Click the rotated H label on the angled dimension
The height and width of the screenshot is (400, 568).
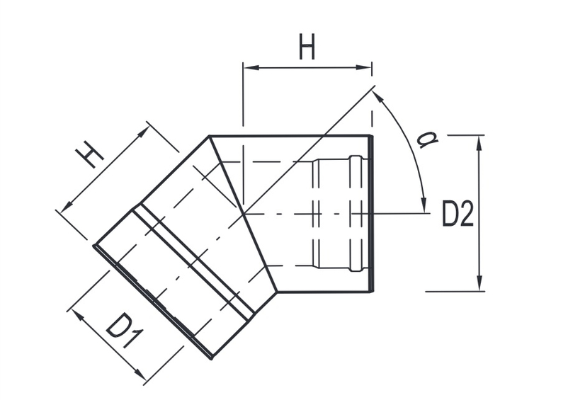click(90, 154)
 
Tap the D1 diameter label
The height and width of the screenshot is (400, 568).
click(121, 331)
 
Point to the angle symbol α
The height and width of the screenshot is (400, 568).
click(426, 139)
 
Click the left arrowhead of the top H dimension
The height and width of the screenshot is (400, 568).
click(249, 68)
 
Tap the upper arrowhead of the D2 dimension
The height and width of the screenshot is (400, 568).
click(480, 141)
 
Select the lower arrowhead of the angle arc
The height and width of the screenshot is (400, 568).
click(424, 206)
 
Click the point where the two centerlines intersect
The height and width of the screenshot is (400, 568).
click(243, 213)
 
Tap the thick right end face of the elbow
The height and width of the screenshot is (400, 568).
click(370, 213)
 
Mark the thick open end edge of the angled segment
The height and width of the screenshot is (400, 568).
click(152, 301)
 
